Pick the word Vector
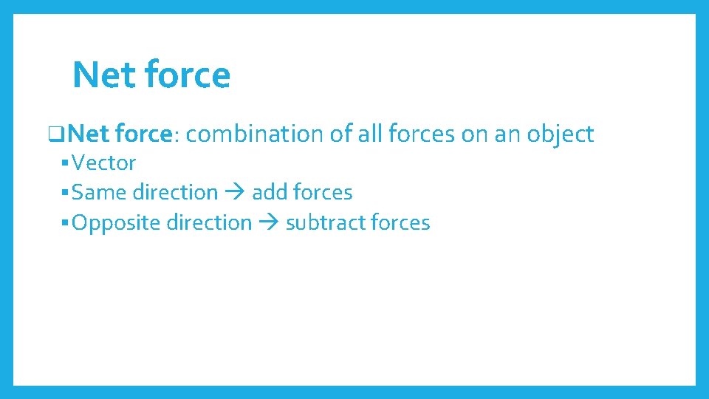pos(104,163)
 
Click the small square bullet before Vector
pos(66,163)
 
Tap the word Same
pos(100,192)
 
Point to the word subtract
pos(325,222)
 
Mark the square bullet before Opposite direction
pos(66,223)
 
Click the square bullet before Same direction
pos(66,193)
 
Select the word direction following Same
pos(175,192)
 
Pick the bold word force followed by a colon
pos(143,134)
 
